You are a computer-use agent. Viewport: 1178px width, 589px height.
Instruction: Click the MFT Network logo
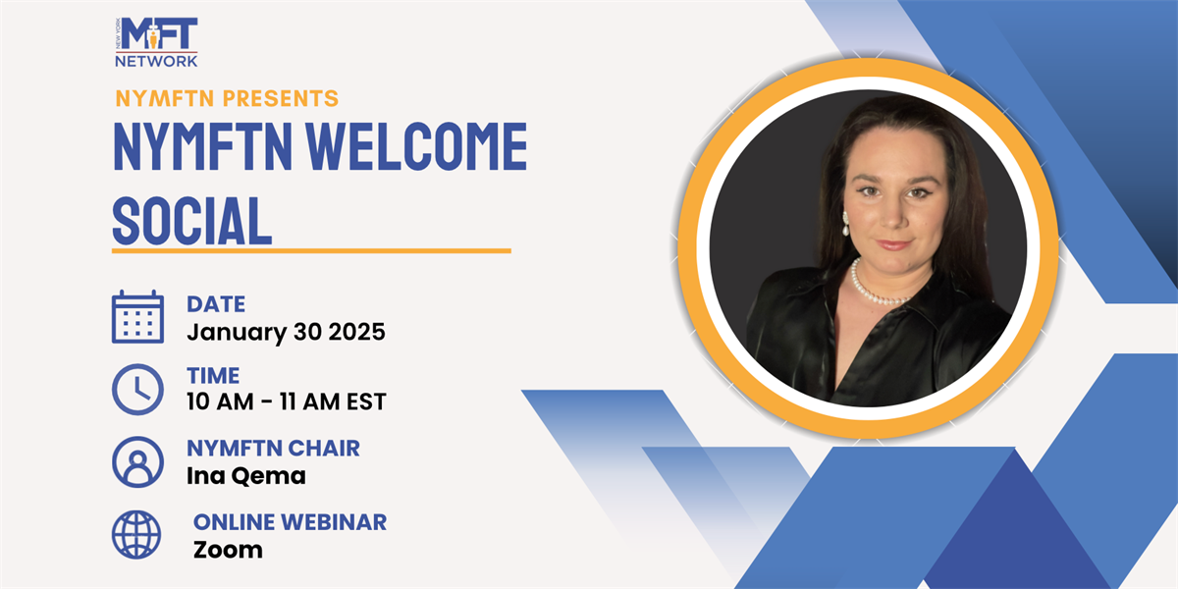pyautogui.click(x=156, y=42)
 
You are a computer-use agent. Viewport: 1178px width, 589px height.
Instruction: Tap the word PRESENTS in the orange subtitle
pyautogui.click(x=281, y=98)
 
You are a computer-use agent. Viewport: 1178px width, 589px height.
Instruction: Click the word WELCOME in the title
pyautogui.click(x=416, y=146)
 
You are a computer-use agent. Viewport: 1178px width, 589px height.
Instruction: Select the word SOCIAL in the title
pyautogui.click(x=192, y=220)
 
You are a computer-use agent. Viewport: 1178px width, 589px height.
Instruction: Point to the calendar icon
pyautogui.click(x=137, y=316)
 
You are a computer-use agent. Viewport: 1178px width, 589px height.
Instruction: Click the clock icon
pyautogui.click(x=137, y=390)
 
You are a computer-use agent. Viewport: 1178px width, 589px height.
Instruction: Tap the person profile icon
pyautogui.click(x=137, y=462)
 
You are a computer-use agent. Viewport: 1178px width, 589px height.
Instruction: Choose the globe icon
pyautogui.click(x=136, y=535)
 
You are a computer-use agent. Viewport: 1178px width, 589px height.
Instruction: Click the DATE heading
pyautogui.click(x=216, y=304)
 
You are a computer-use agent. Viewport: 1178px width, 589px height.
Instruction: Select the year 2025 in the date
pyautogui.click(x=356, y=332)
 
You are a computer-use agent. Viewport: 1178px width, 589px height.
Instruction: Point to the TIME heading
pyautogui.click(x=213, y=376)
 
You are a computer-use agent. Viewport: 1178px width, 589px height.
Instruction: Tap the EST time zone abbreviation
pyautogui.click(x=366, y=402)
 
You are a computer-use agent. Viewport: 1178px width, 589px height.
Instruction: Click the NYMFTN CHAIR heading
pyautogui.click(x=274, y=449)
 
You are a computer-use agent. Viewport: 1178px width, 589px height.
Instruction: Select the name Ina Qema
pyautogui.click(x=246, y=476)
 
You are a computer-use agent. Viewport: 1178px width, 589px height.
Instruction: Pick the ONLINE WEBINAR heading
pyautogui.click(x=291, y=522)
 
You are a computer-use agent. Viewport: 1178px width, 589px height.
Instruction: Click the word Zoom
pyautogui.click(x=228, y=550)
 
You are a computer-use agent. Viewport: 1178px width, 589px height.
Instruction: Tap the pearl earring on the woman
pyautogui.click(x=845, y=224)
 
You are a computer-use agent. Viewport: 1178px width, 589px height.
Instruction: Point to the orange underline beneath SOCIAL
pyautogui.click(x=311, y=251)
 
